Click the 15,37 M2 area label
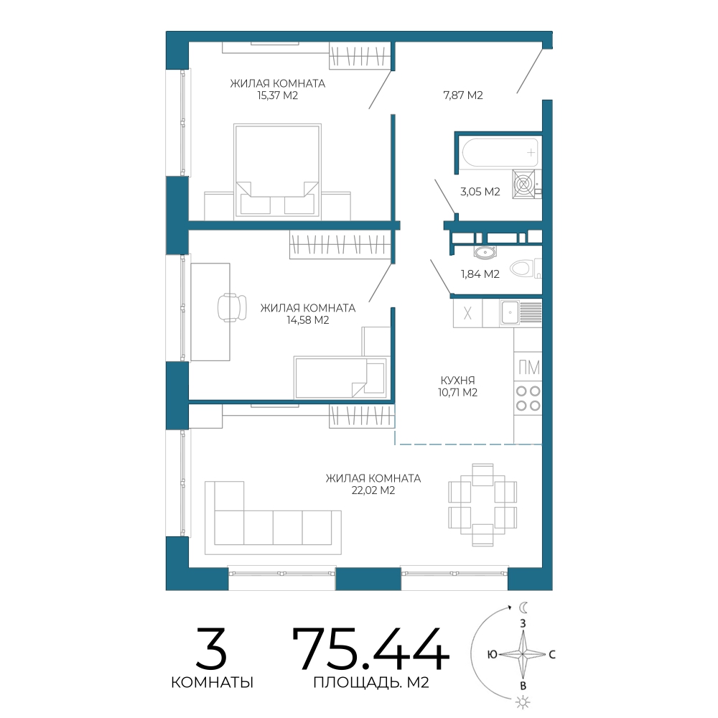point(277,95)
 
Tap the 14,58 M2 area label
point(308,320)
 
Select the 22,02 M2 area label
point(373,490)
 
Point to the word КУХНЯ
point(457,381)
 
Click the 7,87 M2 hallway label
point(463,95)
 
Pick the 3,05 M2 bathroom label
point(480,192)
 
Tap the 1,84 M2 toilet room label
point(480,274)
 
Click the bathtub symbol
point(500,152)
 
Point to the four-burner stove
point(528,398)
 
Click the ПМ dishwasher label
point(529,367)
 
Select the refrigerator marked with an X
point(467,313)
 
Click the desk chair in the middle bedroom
point(232,307)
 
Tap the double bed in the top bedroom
point(277,170)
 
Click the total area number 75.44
point(370,649)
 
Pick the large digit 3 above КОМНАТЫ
point(212,649)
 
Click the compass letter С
point(552,654)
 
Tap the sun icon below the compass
point(523,702)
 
